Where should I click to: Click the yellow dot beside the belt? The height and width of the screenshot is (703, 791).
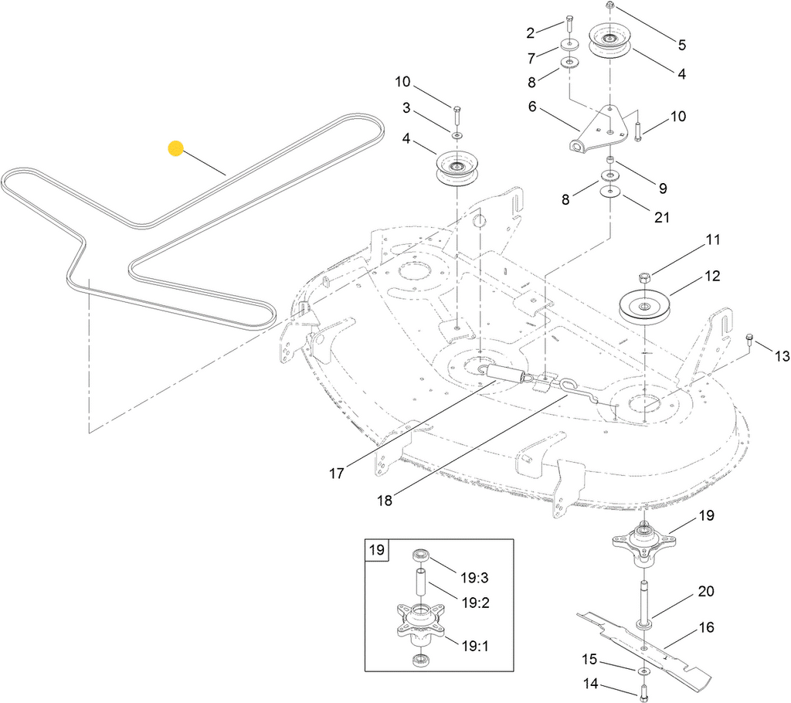175,148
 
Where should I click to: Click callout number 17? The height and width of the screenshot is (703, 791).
337,474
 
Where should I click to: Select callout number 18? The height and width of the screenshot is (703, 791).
385,501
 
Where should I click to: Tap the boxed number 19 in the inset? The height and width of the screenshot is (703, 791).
377,549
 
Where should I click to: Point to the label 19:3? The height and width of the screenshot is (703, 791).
475,577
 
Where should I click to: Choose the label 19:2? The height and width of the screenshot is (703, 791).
476,603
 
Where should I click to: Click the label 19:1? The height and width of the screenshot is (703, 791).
475,646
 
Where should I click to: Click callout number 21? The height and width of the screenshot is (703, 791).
661,217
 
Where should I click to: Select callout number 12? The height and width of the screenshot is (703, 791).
712,276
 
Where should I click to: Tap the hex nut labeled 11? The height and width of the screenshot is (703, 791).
643,277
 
